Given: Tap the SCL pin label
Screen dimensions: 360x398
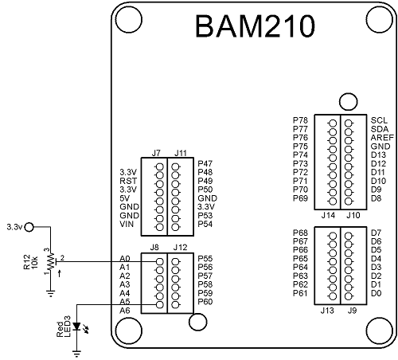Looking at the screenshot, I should tap(378, 120).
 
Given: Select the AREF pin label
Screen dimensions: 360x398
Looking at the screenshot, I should tap(380, 137).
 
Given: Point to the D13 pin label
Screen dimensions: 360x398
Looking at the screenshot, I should tap(378, 155).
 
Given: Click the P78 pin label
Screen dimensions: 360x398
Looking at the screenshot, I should tap(301, 120).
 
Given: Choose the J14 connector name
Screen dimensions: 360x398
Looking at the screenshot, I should tap(326, 215).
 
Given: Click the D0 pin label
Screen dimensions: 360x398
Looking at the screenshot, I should tap(377, 293).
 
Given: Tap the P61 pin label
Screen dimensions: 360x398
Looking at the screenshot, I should tap(301, 293).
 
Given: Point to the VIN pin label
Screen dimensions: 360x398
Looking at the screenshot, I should tap(127, 225).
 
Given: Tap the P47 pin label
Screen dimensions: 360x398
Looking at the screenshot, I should tap(205, 162).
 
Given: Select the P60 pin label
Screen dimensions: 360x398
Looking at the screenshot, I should tap(205, 302).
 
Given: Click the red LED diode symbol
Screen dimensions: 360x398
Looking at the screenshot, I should tap(76, 326).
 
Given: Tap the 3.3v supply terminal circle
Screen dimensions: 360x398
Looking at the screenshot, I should tap(30, 227).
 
